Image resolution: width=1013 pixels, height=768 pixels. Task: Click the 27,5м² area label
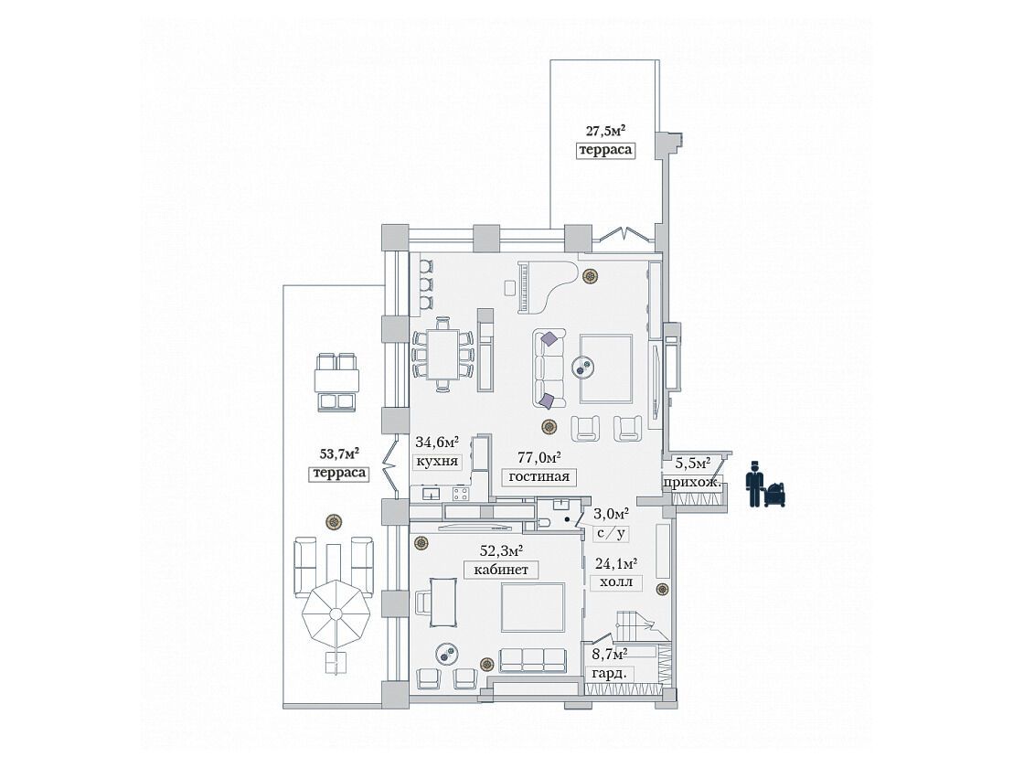pyautogui.click(x=604, y=131)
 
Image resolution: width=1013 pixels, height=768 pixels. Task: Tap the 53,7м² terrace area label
pyautogui.click(x=340, y=453)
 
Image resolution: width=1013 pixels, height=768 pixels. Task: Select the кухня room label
pyautogui.click(x=437, y=461)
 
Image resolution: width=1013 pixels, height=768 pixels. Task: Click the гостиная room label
pyautogui.click(x=538, y=476)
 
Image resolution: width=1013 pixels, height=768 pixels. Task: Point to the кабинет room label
pyautogui.click(x=500, y=570)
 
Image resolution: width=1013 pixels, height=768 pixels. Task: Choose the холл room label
pyautogui.click(x=617, y=581)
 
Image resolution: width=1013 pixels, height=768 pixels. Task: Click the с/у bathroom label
pyautogui.click(x=611, y=534)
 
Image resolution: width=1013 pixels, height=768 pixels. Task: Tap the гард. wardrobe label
pyautogui.click(x=609, y=673)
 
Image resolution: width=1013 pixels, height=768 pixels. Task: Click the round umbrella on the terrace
pyautogui.click(x=337, y=613)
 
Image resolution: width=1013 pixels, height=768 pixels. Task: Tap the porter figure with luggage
pyautogui.click(x=765, y=485)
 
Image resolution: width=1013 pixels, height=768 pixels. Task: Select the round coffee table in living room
pyautogui.click(x=587, y=367)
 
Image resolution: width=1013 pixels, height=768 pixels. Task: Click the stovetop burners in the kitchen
pyautogui.click(x=462, y=494)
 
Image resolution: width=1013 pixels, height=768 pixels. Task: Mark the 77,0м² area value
pyautogui.click(x=538, y=458)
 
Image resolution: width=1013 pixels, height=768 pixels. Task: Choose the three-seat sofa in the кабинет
pyautogui.click(x=534, y=660)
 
